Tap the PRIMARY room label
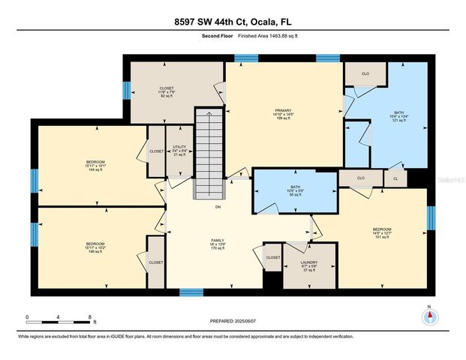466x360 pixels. (x=283, y=113)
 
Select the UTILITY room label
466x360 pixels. (x=178, y=151)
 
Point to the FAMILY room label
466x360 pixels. (x=218, y=244)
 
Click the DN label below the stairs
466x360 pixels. (x=218, y=207)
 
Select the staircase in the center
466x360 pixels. (x=209, y=153)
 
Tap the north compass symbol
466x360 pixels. (x=429, y=316)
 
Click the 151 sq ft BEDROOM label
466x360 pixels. (x=382, y=232)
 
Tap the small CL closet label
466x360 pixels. (x=395, y=178)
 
